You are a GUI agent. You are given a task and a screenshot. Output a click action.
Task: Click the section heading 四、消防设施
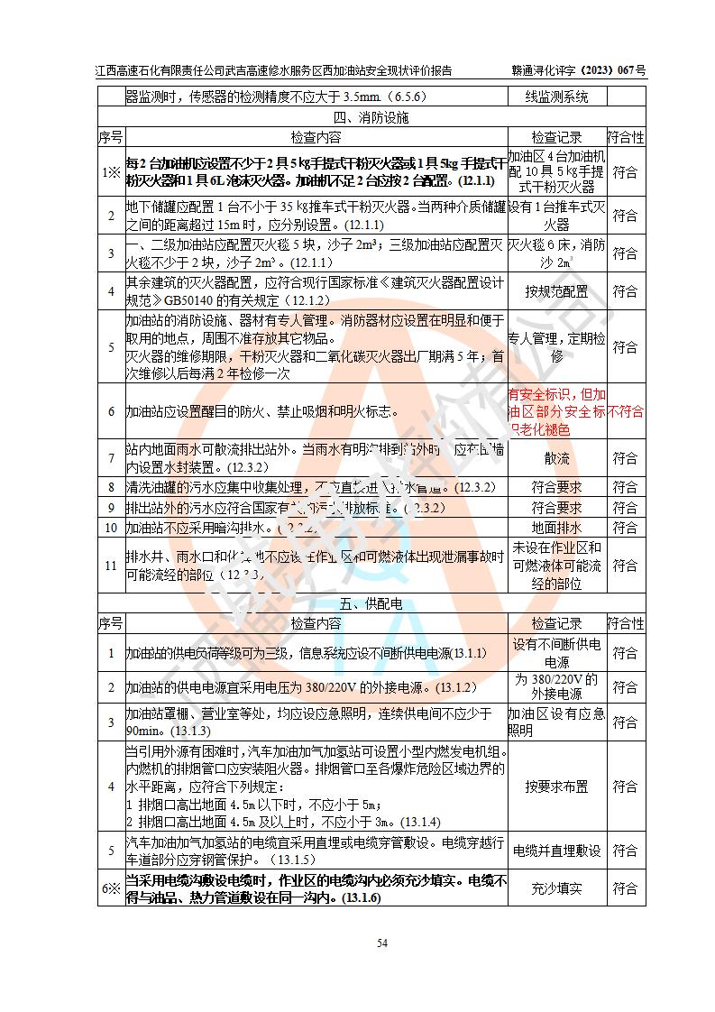371,117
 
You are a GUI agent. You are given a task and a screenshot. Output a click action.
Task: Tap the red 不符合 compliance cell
626,411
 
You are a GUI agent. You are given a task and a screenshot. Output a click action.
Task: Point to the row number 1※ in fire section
111,171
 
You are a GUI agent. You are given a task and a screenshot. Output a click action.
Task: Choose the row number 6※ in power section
111,888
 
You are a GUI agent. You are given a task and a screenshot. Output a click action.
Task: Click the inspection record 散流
556,458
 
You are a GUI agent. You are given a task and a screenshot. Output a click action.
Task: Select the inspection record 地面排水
556,528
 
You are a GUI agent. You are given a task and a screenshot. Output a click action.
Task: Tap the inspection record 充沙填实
556,888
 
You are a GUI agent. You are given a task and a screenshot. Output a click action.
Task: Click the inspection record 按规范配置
556,291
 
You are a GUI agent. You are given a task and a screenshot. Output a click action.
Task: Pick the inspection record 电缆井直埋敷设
556,850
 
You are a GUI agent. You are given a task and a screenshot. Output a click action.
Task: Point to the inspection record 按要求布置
556,787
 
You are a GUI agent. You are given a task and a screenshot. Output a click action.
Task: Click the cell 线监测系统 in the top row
556,97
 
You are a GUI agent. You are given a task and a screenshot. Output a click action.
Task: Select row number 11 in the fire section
111,566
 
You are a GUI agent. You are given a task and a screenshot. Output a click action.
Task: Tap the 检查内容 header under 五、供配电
316,623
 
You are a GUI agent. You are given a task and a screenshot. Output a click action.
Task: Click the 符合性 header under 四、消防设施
626,137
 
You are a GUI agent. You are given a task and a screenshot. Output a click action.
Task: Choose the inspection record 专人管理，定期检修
556,347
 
